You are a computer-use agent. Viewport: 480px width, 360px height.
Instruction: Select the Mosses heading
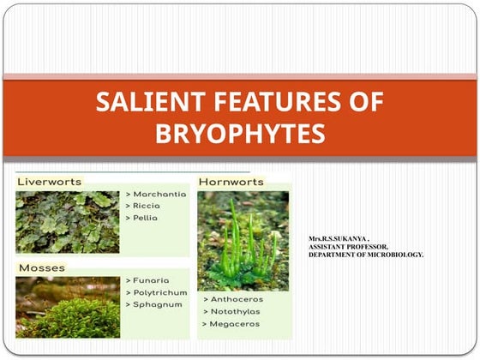pyautogui.click(x=40, y=268)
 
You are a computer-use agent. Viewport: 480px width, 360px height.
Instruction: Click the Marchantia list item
pyautogui.click(x=159, y=195)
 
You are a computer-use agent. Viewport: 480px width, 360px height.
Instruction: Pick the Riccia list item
pyautogui.click(x=148, y=206)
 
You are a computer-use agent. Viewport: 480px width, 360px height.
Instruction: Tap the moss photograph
pyautogui.click(x=68, y=307)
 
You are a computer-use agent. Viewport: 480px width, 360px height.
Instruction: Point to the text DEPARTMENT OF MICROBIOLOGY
pyautogui.click(x=366, y=255)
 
